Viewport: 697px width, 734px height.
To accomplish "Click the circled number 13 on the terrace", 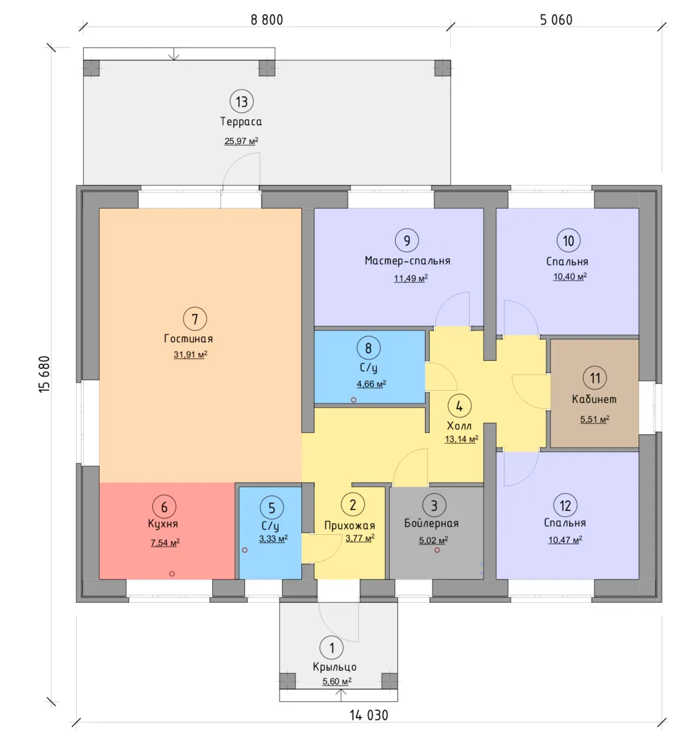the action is pos(241,101).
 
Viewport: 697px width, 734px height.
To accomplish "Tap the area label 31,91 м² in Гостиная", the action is pos(190,354).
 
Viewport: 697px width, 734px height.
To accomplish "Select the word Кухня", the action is pos(163,524).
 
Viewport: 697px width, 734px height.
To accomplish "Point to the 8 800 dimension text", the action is pos(267,20).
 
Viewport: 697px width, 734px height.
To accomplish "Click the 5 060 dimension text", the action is pos(556,20).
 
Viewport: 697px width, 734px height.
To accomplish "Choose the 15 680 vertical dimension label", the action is pos(44,374).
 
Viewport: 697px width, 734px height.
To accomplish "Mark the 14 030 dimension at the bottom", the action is pos(369,715).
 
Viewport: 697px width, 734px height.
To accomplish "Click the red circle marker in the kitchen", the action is pos(172,574).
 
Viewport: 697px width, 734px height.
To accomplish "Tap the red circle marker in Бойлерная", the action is pos(437,550).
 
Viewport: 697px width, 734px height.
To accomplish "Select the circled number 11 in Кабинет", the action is pos(595,378).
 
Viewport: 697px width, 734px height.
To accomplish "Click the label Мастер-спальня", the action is pos(407,261).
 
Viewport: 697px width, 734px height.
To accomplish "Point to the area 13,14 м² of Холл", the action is pos(462,439).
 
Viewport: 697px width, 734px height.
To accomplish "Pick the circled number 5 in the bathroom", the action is pos(272,508).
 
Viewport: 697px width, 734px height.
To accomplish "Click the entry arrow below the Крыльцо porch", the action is pos(341,696).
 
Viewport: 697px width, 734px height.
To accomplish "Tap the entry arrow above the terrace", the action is pos(174,54).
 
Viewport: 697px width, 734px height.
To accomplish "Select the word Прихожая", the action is pos(350,525).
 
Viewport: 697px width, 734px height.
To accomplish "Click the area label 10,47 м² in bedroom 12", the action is pos(565,540).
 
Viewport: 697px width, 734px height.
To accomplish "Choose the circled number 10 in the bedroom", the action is pos(568,241).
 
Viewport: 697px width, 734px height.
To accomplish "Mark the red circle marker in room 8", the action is pos(354,400).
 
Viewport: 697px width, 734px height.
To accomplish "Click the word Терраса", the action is pos(241,122).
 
